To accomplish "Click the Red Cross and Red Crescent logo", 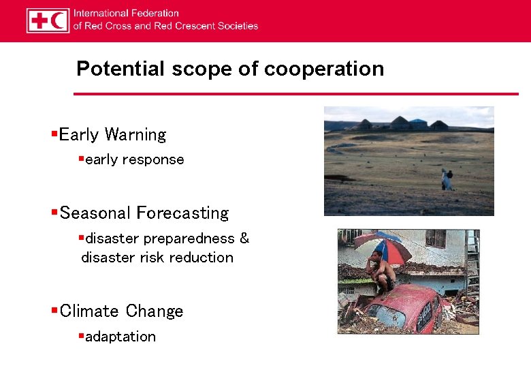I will tap(48, 20).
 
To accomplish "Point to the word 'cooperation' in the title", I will tap(324, 69).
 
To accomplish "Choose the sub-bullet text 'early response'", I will tap(135, 159).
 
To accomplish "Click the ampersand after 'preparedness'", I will tap(244, 239).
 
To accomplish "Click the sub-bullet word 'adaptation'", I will tap(120, 337).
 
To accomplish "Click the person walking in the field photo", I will tap(447, 179).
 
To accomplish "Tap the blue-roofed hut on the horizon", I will tap(417, 124).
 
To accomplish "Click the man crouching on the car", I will tap(381, 273).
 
